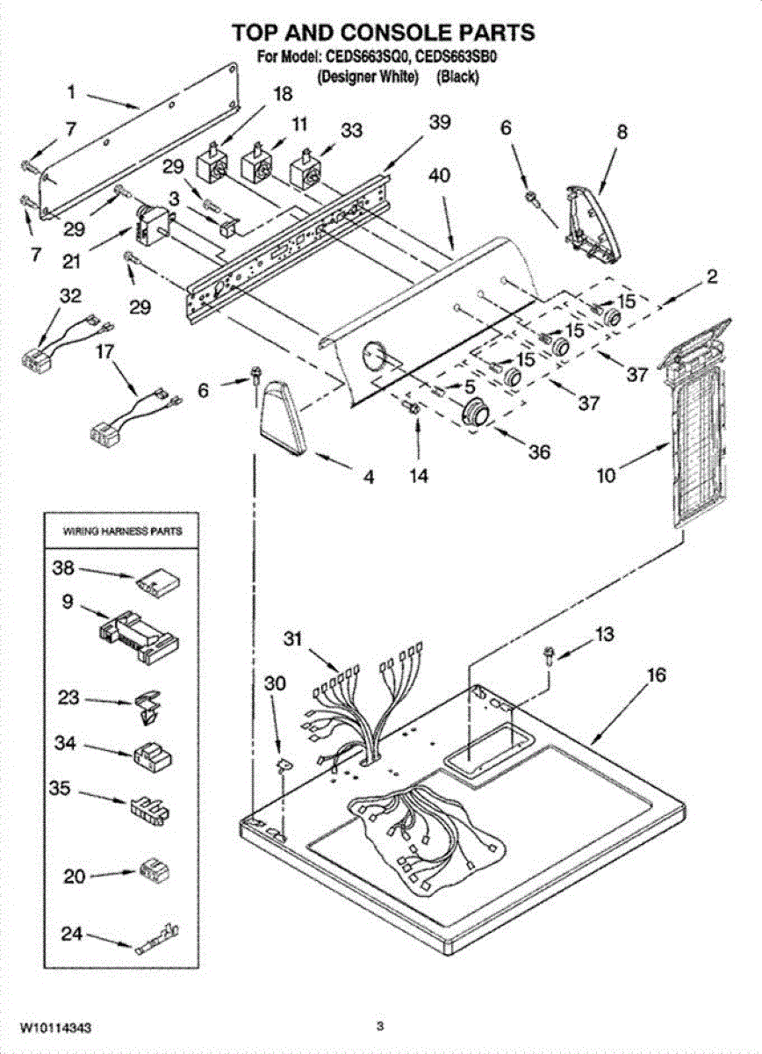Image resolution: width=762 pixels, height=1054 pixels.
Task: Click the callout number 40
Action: coord(439,176)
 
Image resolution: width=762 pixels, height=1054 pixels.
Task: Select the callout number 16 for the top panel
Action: coord(656,675)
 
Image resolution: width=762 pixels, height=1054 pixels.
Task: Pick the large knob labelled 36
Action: coord(475,411)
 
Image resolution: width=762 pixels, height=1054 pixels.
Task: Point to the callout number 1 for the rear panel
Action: coord(71,90)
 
